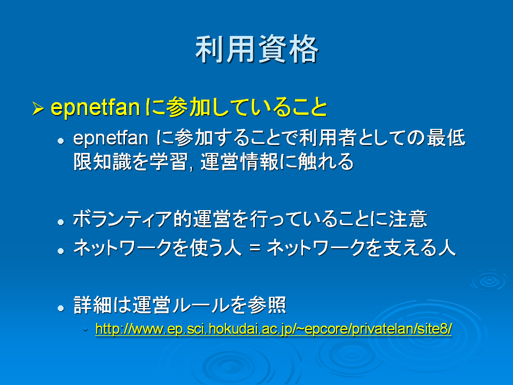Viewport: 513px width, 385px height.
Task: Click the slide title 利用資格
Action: (x=257, y=49)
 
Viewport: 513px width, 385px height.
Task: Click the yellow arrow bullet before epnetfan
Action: (x=38, y=109)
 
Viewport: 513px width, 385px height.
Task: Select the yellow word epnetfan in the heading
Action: (x=95, y=107)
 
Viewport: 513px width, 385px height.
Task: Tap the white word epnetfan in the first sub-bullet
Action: (x=111, y=138)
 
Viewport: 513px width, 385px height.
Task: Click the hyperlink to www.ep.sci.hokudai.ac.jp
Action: (x=274, y=329)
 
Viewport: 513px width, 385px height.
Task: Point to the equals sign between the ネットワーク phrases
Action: (x=255, y=248)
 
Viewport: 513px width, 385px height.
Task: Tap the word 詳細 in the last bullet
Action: (x=93, y=305)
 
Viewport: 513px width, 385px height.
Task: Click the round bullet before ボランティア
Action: (x=60, y=222)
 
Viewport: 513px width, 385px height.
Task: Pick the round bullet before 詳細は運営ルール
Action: (x=60, y=308)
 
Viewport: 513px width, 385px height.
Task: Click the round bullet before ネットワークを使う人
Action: (x=60, y=251)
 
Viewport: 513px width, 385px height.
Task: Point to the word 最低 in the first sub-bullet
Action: (x=446, y=138)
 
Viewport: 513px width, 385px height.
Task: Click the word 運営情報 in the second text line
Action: (x=239, y=161)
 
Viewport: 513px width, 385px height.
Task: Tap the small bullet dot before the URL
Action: (x=85, y=329)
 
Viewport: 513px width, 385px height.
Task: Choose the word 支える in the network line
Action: (x=419, y=248)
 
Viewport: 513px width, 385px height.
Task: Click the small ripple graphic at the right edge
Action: (x=489, y=281)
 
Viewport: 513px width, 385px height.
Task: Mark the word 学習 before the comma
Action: (x=169, y=161)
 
